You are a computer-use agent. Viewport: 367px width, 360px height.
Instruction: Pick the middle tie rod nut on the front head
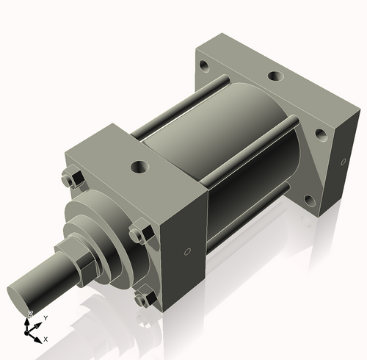[x=138, y=234]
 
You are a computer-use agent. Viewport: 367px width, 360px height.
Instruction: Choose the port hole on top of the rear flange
[x=274, y=76]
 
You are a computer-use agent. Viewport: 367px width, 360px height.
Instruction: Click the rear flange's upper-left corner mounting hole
[x=204, y=66]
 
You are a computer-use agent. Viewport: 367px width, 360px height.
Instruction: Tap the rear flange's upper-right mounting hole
[x=321, y=135]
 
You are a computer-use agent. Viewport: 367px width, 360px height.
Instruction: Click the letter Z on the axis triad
[x=29, y=314]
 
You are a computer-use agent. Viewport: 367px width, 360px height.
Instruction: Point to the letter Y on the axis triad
[x=45, y=317]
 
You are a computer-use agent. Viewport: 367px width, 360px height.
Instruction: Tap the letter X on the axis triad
[x=46, y=339]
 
